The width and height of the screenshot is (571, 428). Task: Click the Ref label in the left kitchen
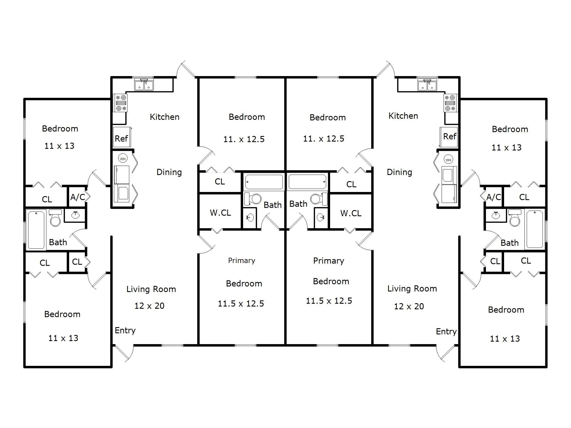(121, 138)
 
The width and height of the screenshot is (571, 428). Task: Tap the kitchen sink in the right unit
(427, 85)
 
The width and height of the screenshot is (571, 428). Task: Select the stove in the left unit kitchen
(120, 103)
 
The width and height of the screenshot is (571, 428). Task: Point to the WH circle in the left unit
(123, 159)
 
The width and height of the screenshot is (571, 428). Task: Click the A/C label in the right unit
(493, 197)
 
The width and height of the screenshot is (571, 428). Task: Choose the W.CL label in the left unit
(220, 213)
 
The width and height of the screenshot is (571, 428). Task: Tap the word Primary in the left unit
(241, 261)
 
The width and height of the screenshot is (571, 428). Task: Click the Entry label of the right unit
(446, 332)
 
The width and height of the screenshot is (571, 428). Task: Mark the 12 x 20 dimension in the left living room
(149, 306)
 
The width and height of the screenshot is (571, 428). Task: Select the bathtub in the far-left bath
(36, 229)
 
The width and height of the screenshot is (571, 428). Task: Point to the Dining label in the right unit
(399, 172)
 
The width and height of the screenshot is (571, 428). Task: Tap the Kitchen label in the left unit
(164, 117)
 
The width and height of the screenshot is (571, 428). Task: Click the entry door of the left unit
(124, 352)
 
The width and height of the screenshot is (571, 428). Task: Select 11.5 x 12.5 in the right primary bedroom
(329, 301)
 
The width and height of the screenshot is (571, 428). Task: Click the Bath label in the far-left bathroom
(58, 242)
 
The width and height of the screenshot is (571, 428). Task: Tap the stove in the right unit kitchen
(451, 103)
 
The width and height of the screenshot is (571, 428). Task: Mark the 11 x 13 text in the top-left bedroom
(59, 146)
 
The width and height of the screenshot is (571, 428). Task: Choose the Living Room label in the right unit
(412, 289)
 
